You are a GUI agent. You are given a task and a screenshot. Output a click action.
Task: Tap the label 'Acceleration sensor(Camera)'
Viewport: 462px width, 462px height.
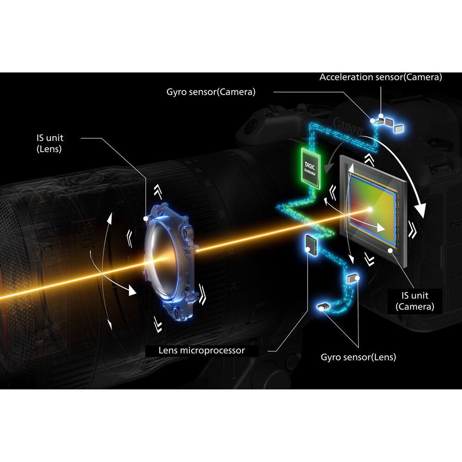click(x=380, y=77)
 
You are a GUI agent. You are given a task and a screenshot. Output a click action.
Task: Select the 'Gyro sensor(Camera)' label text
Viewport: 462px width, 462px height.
click(x=211, y=91)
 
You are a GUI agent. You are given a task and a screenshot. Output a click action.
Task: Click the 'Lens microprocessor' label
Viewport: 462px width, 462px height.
click(x=201, y=351)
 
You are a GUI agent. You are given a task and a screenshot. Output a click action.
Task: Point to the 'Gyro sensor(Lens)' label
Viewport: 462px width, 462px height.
click(x=358, y=357)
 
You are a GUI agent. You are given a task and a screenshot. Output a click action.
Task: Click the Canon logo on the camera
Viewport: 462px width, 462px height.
click(x=347, y=126)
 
